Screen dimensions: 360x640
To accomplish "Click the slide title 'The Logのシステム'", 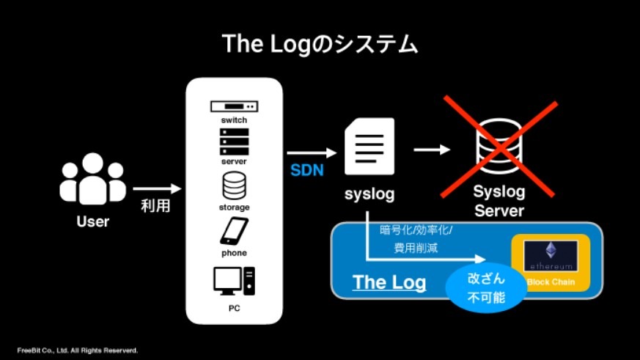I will coord(320,44).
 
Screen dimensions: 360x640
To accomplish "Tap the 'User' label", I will coord(92,221).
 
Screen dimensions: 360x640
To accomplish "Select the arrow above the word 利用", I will coord(156,189).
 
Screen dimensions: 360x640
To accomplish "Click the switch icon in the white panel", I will coord(234,106).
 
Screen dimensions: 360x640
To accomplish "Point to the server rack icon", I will coord(234,142).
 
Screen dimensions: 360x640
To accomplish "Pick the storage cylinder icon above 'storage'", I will coord(234,186).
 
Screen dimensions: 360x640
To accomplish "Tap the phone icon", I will coord(234,232).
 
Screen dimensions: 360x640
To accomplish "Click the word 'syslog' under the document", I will coord(369,194).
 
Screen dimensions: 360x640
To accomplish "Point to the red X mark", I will coord(499,147).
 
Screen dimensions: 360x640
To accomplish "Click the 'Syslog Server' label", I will coord(499,202).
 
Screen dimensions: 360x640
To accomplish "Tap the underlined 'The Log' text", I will coord(388,282).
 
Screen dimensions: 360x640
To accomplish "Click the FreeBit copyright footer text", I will coord(78,350).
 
